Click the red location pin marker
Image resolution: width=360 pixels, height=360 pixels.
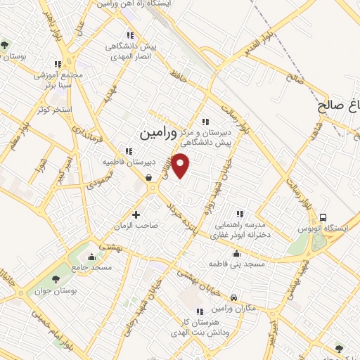[181, 165]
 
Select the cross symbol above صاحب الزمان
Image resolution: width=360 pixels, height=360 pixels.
[136, 214]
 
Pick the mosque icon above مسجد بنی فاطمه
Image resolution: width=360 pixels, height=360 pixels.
[236, 255]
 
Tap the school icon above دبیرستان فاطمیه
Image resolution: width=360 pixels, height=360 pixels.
[128, 150]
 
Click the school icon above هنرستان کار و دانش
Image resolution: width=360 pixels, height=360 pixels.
[200, 311]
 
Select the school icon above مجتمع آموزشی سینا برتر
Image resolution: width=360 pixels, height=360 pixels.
[58, 64]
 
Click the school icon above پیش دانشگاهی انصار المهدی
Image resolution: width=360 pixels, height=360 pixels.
[129, 35]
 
